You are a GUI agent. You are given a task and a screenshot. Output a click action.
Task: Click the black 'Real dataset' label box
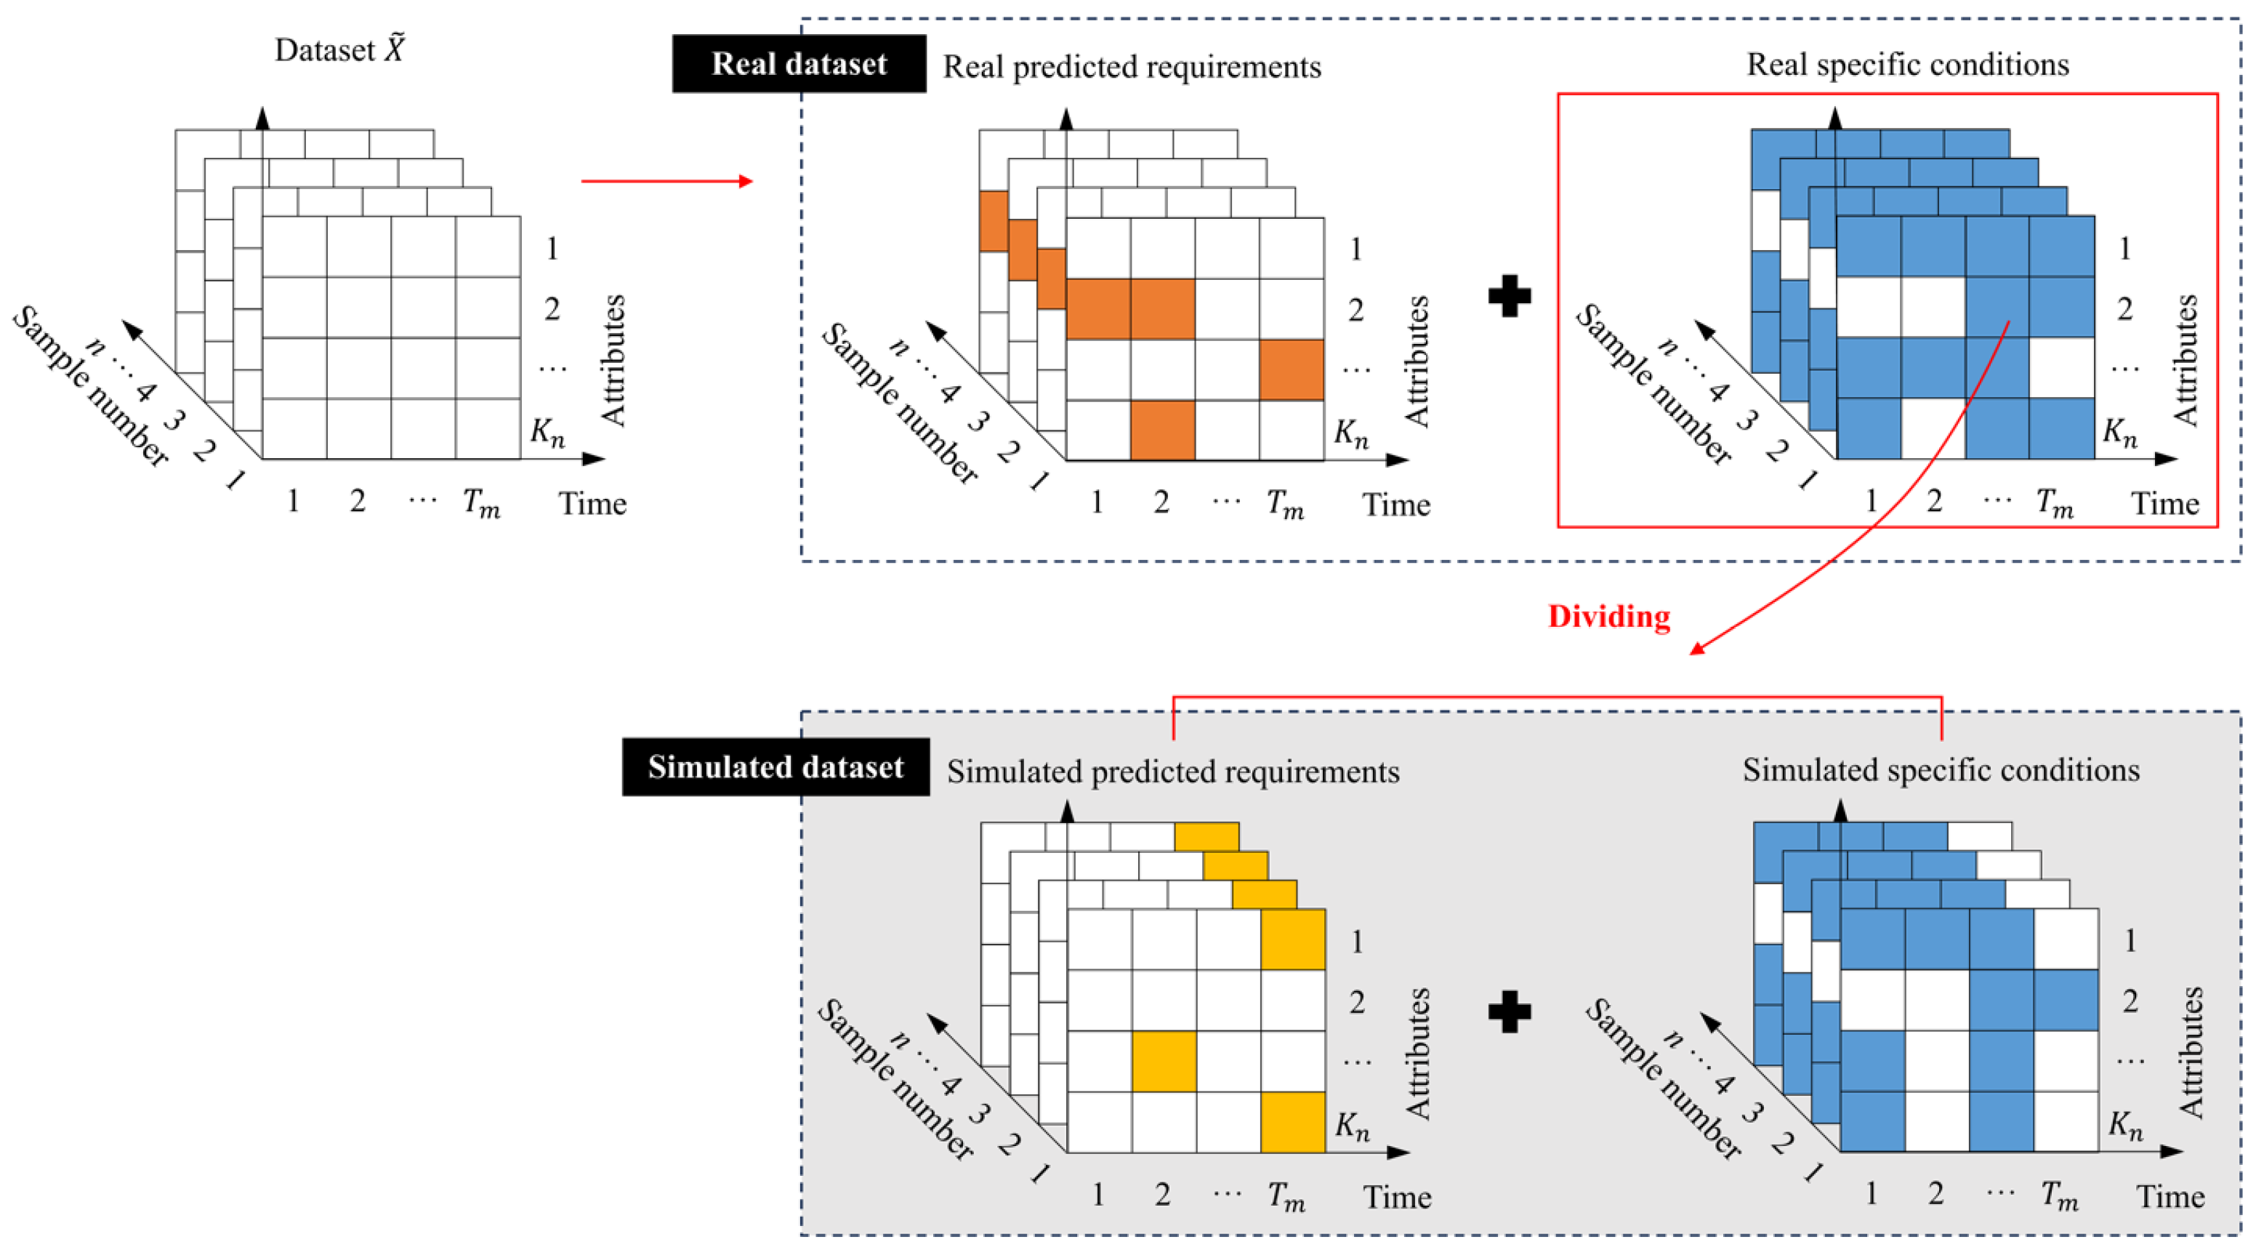pos(799,64)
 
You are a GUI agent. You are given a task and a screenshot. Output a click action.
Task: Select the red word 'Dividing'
pos(1609,617)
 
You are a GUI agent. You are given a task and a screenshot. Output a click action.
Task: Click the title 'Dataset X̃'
pos(340,50)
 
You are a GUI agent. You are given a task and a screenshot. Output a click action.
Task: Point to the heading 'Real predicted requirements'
pos(1132,67)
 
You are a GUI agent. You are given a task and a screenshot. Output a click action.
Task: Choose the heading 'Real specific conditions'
pos(1907,64)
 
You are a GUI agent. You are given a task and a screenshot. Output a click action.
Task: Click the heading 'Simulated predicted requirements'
pos(1172,772)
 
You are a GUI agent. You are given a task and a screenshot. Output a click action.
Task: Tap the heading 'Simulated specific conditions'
pos(1941,770)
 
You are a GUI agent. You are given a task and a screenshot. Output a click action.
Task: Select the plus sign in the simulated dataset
pos(1510,1011)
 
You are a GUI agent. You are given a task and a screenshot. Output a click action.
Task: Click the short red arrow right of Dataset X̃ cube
pos(666,181)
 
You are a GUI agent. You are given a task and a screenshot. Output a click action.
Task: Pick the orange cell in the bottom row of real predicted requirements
pos(1162,429)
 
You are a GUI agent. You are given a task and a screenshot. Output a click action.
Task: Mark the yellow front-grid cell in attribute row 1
pos(1293,939)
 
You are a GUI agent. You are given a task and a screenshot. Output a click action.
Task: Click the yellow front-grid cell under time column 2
pos(1164,1061)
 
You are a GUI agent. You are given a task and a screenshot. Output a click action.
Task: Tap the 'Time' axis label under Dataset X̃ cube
pos(593,504)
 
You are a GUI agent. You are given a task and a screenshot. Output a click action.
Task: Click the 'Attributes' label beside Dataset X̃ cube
pos(613,360)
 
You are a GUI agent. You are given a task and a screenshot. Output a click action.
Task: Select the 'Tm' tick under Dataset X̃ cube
pos(481,502)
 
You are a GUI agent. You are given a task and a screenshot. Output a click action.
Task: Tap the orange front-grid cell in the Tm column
pos(1292,369)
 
